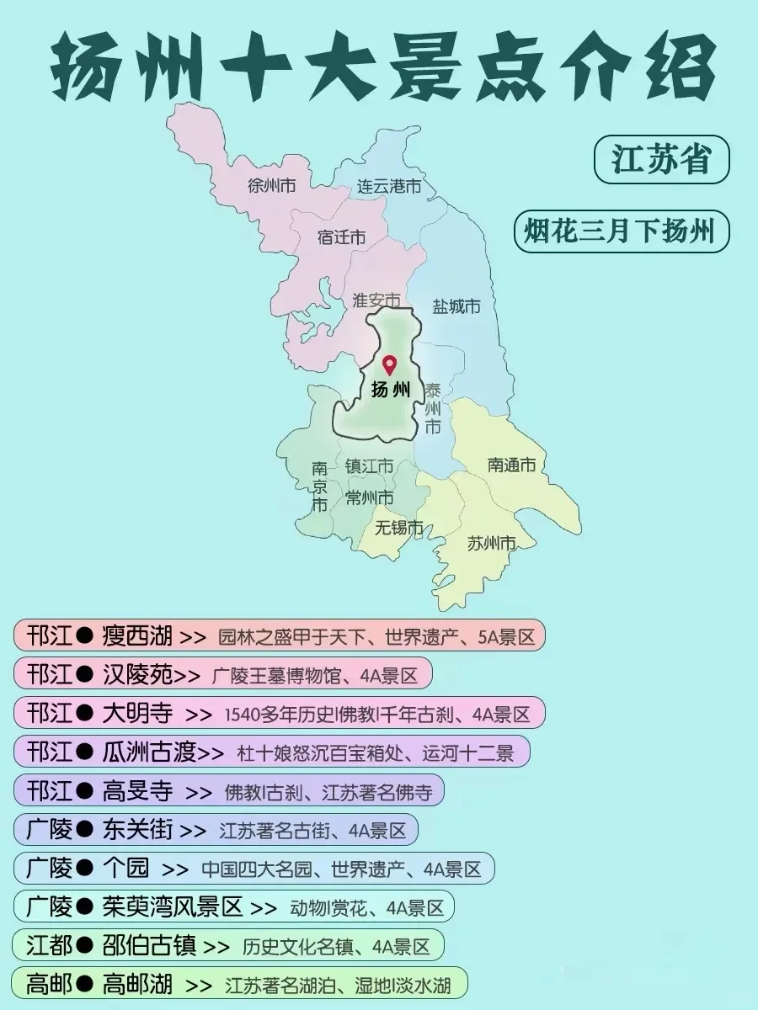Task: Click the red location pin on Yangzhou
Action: [389, 364]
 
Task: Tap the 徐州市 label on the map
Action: [272, 186]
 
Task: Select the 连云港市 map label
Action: [388, 186]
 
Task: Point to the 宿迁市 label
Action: [341, 237]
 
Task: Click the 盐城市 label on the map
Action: [456, 306]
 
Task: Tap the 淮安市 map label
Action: [376, 300]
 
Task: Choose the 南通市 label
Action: [511, 465]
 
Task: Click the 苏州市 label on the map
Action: [491, 544]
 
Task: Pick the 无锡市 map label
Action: [399, 528]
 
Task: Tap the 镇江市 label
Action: [369, 465]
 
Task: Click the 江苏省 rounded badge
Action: [661, 160]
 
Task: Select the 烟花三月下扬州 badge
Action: [621, 231]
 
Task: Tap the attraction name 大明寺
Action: [137, 714]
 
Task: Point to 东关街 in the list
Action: [137, 830]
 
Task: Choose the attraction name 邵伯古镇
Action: [149, 945]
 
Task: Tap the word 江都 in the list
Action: [49, 945]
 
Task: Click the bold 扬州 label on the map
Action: [391, 390]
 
